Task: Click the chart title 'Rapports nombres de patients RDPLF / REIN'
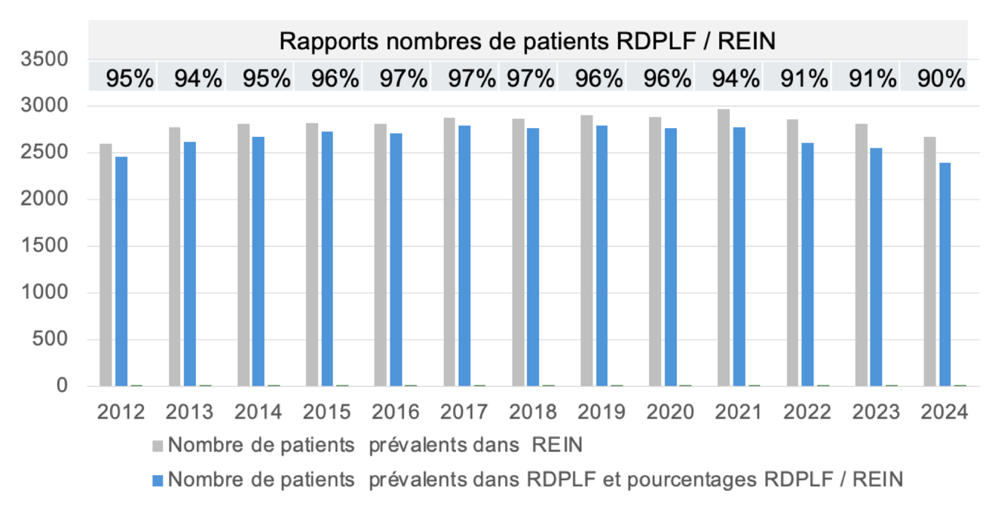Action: [x=527, y=41]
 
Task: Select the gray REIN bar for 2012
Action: [x=106, y=265]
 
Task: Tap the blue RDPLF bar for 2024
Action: [x=944, y=274]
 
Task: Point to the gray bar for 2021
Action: [x=724, y=248]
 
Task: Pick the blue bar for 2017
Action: [x=464, y=255]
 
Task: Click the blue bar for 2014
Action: [x=259, y=261]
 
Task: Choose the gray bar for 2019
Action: [x=586, y=251]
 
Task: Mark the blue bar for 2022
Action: [x=807, y=264]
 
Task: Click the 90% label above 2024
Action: [x=941, y=79]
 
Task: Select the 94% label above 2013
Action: [x=198, y=79]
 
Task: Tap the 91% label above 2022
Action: [x=804, y=79]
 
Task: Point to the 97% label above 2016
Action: [x=403, y=79]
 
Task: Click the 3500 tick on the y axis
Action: [x=44, y=59]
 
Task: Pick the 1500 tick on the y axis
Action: [x=44, y=245]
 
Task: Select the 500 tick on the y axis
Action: [x=51, y=339]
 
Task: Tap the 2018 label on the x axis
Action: [x=533, y=412]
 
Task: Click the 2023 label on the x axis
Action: [x=876, y=412]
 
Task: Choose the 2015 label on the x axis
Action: [x=327, y=412]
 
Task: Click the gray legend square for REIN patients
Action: [x=158, y=446]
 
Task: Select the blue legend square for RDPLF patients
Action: [x=158, y=480]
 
